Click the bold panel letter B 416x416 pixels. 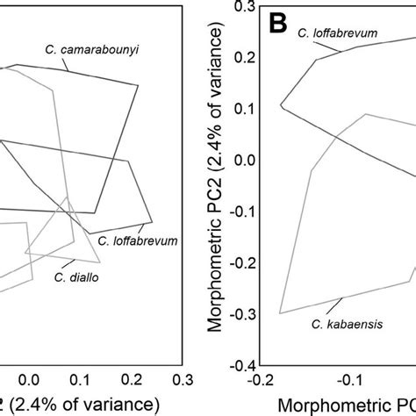pos(276,24)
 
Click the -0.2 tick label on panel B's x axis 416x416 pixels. pos(259,380)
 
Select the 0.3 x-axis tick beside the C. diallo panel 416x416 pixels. pos(183,379)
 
